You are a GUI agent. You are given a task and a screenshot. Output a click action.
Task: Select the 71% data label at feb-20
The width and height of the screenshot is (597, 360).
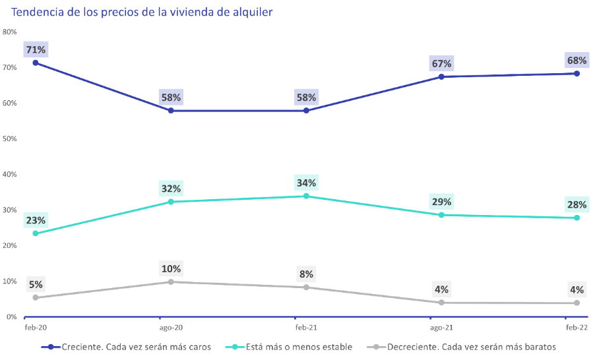[x=36, y=49]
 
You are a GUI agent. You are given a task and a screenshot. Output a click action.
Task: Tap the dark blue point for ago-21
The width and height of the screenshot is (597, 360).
[x=441, y=77]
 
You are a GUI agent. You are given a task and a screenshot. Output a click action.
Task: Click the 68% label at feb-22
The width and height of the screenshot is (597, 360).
[x=577, y=60]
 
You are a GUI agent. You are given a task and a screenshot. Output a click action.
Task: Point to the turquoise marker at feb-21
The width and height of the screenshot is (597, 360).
[x=306, y=196]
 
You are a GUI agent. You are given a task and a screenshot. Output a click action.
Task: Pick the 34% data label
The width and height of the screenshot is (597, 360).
[x=306, y=183]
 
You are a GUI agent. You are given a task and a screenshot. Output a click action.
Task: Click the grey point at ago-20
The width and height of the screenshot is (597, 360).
[x=171, y=282]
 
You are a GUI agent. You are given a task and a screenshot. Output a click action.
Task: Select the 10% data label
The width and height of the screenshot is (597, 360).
[x=171, y=268]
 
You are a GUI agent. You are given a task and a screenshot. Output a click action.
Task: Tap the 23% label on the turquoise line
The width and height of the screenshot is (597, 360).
[x=36, y=220]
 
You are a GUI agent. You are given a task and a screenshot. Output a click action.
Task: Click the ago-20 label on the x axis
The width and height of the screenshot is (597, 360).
[x=171, y=327]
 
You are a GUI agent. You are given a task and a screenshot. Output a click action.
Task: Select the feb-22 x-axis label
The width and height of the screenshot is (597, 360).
[x=577, y=327]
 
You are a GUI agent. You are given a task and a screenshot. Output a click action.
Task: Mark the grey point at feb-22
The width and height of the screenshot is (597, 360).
[x=577, y=303]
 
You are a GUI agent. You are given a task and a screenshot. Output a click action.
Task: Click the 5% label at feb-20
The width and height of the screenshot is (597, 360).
[x=36, y=285]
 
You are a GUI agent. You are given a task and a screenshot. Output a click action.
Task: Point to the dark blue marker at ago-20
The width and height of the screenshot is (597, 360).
[x=171, y=111]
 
